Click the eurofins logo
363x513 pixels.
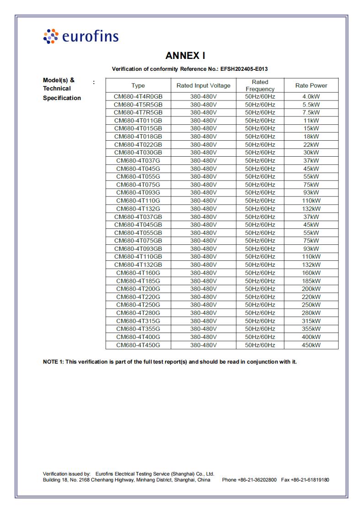click(80, 36)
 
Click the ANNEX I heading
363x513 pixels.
click(185, 56)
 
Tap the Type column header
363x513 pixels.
click(138, 85)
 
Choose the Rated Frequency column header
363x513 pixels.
click(260, 85)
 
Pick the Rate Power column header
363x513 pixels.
click(311, 85)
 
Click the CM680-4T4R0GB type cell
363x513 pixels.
click(138, 97)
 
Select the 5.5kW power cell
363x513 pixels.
click(311, 105)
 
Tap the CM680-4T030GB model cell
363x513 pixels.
click(138, 153)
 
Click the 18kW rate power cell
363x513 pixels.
click(311, 137)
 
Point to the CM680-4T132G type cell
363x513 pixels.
click(138, 209)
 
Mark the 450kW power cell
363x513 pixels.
click(311, 345)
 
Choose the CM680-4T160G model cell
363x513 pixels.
click(138, 273)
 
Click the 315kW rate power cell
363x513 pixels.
click(311, 321)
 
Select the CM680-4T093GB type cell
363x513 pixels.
click(138, 249)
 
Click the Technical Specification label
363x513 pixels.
click(62, 93)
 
